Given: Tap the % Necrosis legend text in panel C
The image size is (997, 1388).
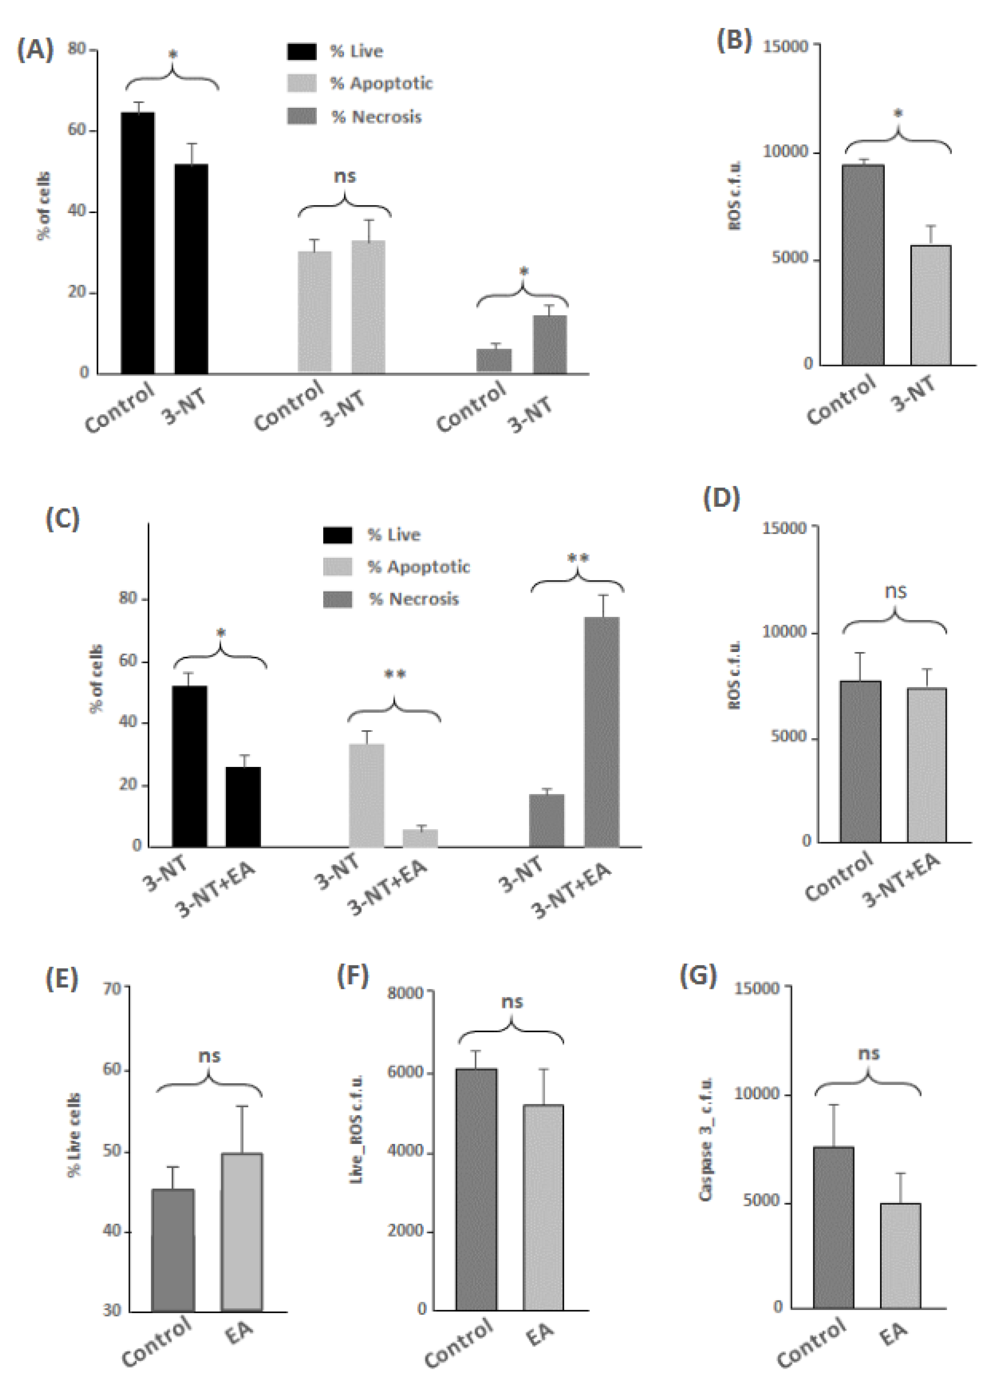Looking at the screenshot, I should click(x=414, y=599).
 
